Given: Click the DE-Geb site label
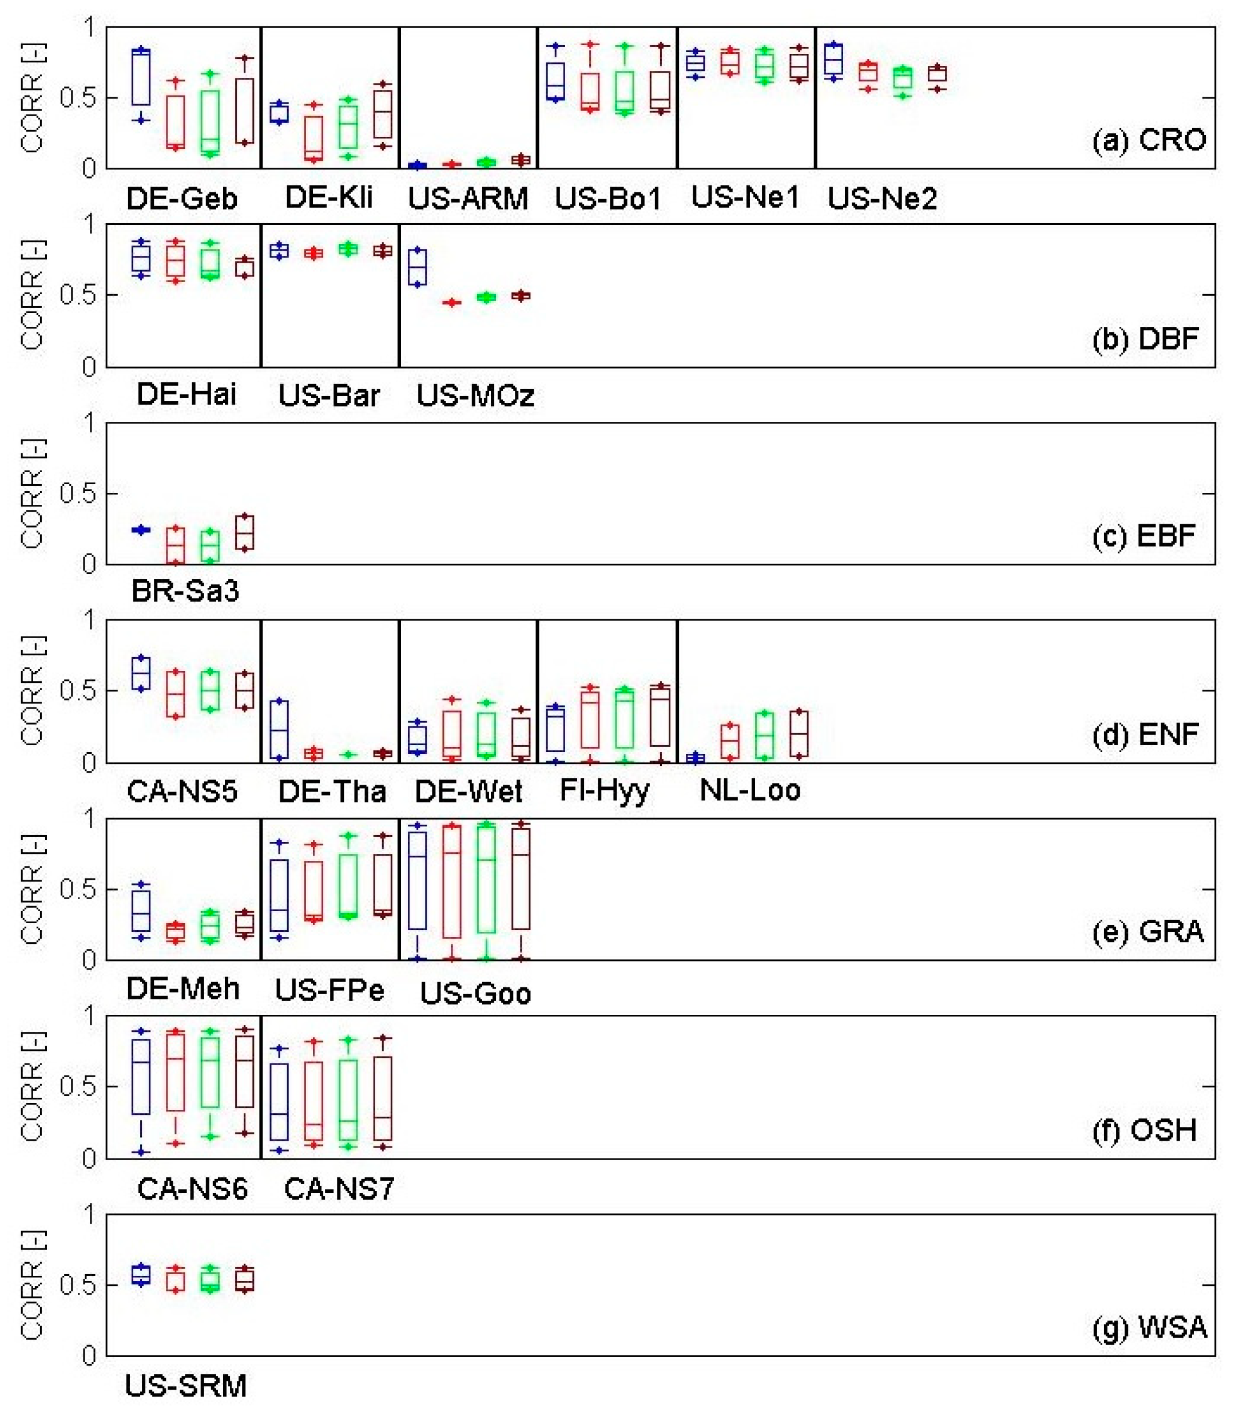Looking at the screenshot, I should pyautogui.click(x=182, y=199).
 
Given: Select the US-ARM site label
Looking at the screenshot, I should pyautogui.click(x=467, y=199).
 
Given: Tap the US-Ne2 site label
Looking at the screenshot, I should pyautogui.click(x=882, y=199).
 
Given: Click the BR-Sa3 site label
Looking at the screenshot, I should pyautogui.click(x=185, y=591).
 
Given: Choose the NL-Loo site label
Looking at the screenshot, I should pyautogui.click(x=750, y=790).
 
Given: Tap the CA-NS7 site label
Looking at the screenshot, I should pyautogui.click(x=339, y=1188).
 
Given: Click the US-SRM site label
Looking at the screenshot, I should pyautogui.click(x=185, y=1385).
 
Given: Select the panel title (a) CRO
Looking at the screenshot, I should pyautogui.click(x=1148, y=140).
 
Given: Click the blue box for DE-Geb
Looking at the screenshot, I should pyautogui.click(x=141, y=77).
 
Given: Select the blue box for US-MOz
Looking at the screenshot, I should pyautogui.click(x=417, y=267).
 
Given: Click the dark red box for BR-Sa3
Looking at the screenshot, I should pyautogui.click(x=245, y=532).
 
